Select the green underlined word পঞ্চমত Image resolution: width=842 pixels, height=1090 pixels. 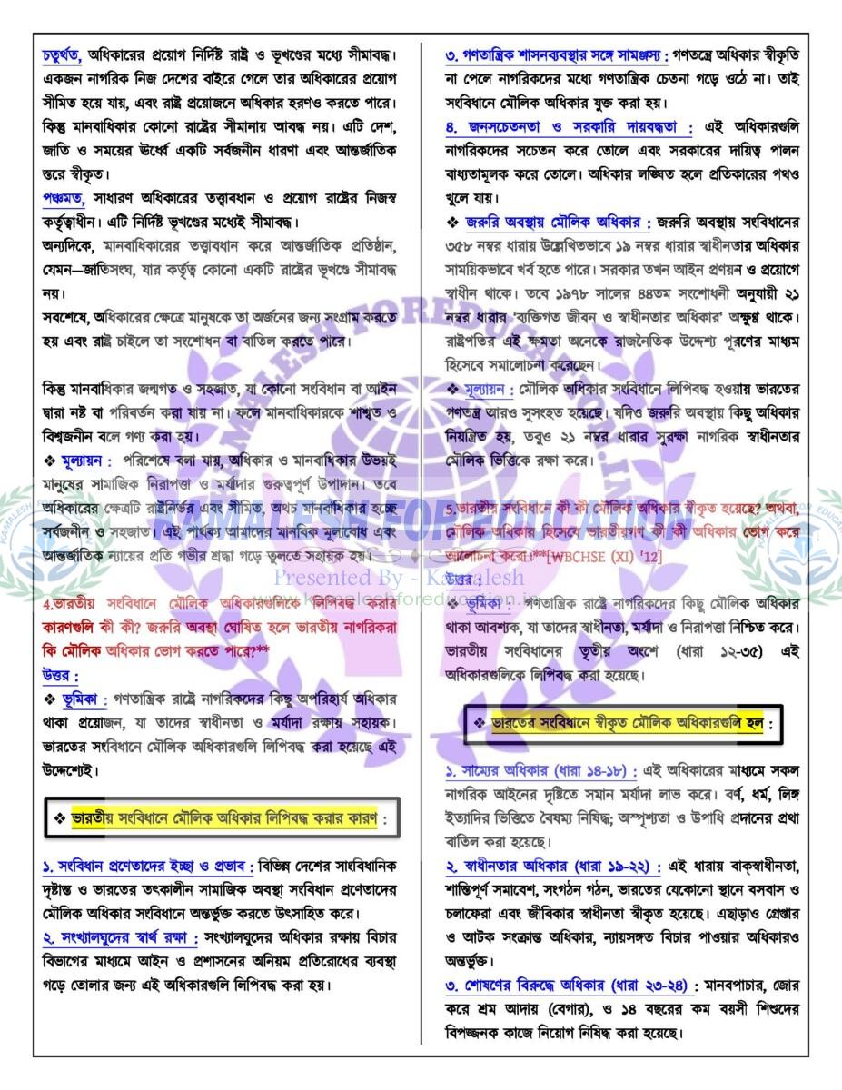coord(63,198)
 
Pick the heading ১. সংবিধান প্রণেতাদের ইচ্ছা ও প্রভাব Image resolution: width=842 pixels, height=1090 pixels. coord(148,863)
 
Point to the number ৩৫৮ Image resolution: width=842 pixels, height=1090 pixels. coord(461,246)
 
